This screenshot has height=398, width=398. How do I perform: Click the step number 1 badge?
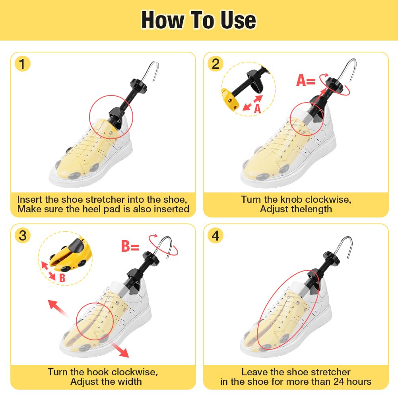22,64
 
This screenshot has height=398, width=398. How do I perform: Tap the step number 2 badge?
216,64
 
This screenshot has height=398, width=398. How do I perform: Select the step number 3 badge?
22,235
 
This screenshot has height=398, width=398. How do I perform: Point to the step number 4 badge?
216,235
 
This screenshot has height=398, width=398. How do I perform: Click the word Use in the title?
238,20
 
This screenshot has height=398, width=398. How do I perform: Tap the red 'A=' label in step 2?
306,80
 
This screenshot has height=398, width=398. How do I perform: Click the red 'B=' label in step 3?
130,246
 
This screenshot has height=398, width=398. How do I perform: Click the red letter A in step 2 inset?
257,109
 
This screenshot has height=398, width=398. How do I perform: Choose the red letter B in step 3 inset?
62,278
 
